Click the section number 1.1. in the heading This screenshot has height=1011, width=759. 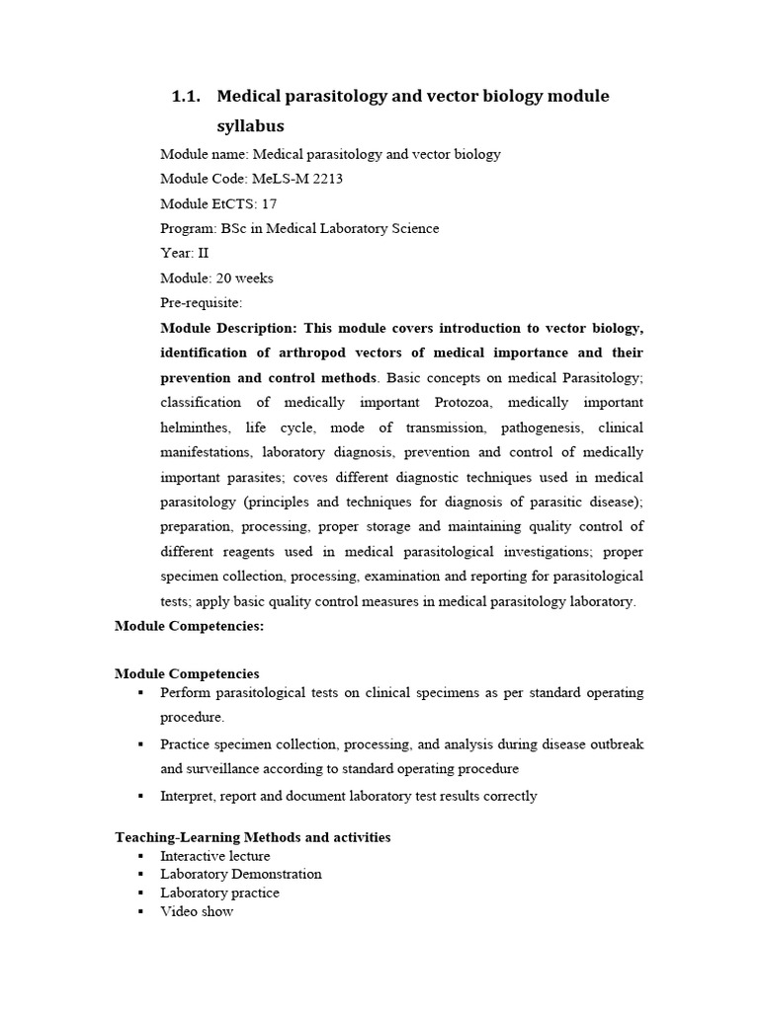(186, 97)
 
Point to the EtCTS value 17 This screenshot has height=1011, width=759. (268, 203)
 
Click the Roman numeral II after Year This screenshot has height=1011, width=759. (204, 253)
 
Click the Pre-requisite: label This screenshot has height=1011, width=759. (201, 302)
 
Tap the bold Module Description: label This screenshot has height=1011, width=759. (227, 328)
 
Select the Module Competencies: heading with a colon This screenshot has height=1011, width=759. (189, 626)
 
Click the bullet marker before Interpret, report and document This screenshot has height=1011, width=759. (141, 796)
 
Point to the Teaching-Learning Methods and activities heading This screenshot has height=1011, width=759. (252, 837)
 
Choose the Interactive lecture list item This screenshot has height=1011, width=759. (214, 856)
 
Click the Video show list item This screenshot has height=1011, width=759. (197, 911)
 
